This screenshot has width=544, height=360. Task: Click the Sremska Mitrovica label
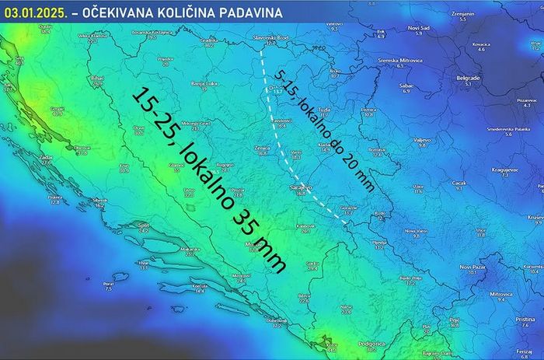(400, 60)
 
